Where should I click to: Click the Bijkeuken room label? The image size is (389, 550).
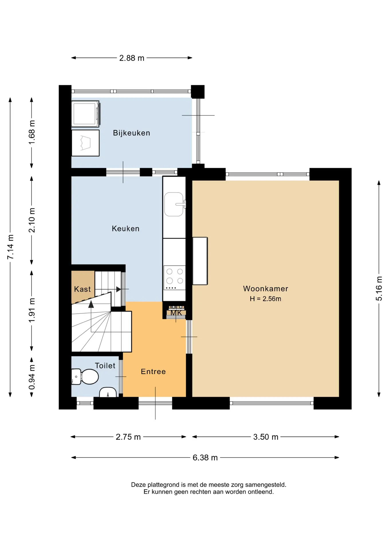pyautogui.click(x=131, y=133)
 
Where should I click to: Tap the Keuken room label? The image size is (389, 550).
pyautogui.click(x=126, y=229)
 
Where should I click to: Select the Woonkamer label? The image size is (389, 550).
pyautogui.click(x=266, y=288)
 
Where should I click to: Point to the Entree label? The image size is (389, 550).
pyautogui.click(x=153, y=372)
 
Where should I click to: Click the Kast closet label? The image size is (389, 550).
pyautogui.click(x=82, y=289)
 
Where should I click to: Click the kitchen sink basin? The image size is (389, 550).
pyautogui.click(x=174, y=204)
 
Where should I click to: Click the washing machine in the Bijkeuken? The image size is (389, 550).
pyautogui.click(x=85, y=114)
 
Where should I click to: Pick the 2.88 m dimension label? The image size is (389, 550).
pyautogui.click(x=132, y=58)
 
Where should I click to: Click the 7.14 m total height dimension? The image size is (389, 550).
pyautogui.click(x=11, y=247)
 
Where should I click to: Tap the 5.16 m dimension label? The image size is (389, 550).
pyautogui.click(x=379, y=288)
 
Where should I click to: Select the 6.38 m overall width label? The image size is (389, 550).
pyautogui.click(x=205, y=458)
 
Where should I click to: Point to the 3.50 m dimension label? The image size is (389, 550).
pyautogui.click(x=266, y=437)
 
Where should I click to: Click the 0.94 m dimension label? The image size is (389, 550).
pyautogui.click(x=32, y=377)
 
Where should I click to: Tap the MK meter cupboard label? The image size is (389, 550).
pyautogui.click(x=176, y=313)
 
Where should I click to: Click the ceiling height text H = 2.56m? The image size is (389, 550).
pyautogui.click(x=266, y=299)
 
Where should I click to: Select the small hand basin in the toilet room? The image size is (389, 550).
pyautogui.click(x=108, y=392)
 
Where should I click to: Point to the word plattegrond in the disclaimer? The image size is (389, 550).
pyautogui.click(x=163, y=485)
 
